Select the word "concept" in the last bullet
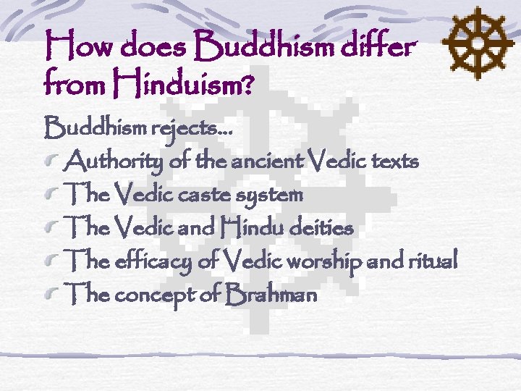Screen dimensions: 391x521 pyautogui.click(x=156, y=295)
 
